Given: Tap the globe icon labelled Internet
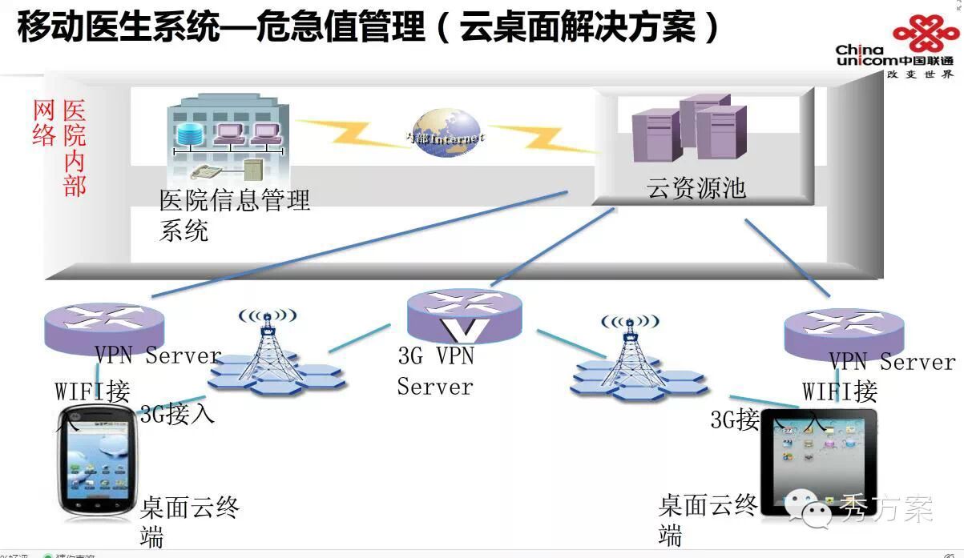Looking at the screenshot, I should (x=447, y=134).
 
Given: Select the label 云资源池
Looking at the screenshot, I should (x=696, y=187).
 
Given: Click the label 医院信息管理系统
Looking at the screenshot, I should (x=233, y=215).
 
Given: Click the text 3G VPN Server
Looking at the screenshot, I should (x=436, y=371).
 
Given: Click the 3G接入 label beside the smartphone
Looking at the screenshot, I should (x=177, y=415).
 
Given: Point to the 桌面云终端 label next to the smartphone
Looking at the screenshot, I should (x=188, y=520).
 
